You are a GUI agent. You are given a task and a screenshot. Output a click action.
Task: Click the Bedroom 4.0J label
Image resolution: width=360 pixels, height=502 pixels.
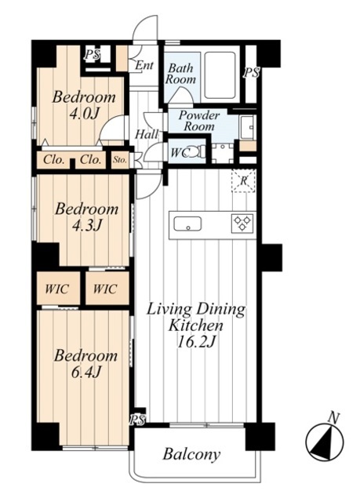click(x=84, y=105)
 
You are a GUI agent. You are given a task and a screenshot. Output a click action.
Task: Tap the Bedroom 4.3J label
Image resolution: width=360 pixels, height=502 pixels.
click(x=87, y=217)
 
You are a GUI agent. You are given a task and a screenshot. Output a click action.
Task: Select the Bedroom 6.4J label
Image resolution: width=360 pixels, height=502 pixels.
click(x=85, y=364)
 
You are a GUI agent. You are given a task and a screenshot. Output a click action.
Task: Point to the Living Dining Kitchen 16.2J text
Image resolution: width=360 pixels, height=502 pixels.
click(x=196, y=326)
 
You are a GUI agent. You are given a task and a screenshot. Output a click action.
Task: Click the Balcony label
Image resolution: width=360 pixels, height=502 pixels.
click(x=191, y=454)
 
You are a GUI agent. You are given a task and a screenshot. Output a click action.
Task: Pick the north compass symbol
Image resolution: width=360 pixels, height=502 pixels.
click(x=325, y=439)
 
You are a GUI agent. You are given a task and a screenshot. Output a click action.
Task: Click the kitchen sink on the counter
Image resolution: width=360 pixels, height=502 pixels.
click(x=187, y=224)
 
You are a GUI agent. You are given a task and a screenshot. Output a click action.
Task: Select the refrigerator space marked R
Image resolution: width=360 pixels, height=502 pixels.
click(x=243, y=181)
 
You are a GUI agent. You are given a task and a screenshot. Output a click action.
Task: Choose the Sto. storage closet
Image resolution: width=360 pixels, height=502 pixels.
click(x=120, y=159)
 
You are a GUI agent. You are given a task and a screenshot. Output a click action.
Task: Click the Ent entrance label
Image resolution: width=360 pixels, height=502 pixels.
click(x=144, y=65)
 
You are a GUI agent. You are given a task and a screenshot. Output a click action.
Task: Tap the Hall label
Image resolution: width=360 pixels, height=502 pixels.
click(x=146, y=134)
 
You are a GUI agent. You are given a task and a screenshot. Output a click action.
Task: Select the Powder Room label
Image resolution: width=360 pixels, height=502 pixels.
click(x=199, y=120)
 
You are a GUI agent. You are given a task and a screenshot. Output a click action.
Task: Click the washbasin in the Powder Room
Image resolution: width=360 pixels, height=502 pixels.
click(x=248, y=127)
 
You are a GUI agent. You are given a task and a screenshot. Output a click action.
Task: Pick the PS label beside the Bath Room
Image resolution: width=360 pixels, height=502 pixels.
click(x=251, y=73)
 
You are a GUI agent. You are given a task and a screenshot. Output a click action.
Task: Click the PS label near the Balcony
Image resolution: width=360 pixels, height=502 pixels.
click(x=137, y=420)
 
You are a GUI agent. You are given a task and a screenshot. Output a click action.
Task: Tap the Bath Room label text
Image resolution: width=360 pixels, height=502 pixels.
click(x=180, y=74)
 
